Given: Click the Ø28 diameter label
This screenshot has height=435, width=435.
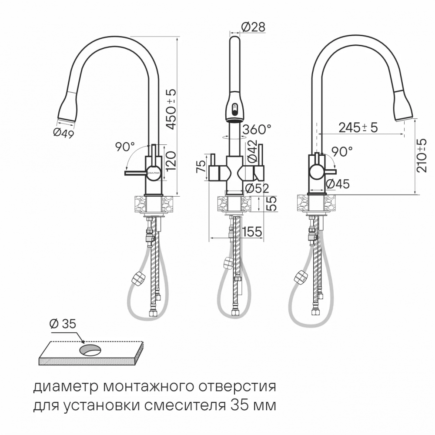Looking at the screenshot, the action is click(253, 27).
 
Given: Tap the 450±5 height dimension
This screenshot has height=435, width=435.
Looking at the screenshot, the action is click(171, 109).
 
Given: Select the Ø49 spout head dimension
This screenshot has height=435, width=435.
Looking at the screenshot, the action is click(64, 133).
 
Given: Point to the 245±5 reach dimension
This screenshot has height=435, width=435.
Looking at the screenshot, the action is click(358, 127).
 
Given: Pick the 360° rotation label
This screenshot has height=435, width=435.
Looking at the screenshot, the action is click(257, 129).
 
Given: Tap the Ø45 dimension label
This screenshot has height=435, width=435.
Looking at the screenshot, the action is click(338, 184).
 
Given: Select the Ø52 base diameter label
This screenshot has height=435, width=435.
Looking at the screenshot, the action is click(258, 189).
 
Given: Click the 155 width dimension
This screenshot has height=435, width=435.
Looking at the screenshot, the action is click(252, 232).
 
